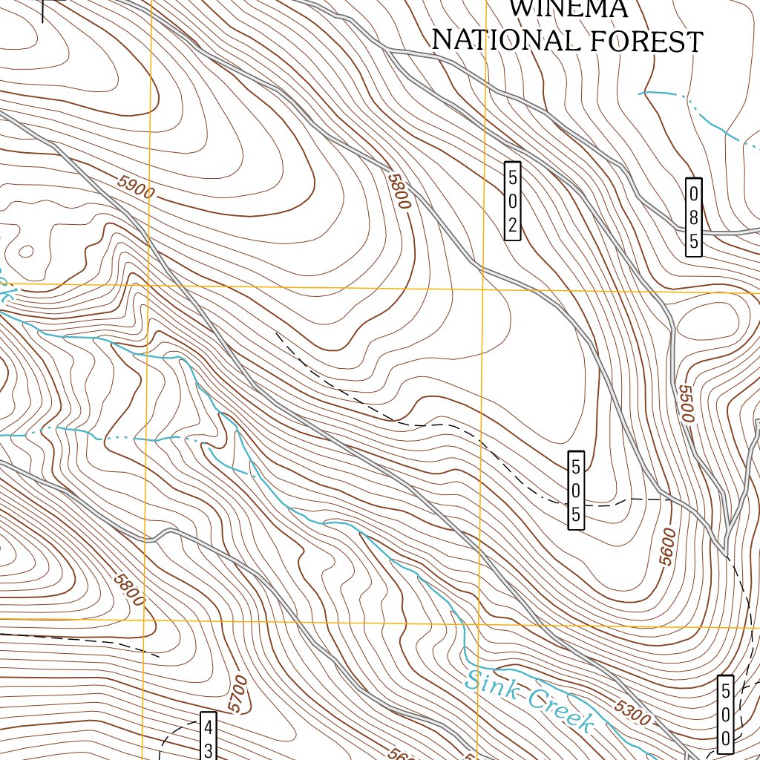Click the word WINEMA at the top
569,9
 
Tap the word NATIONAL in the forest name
505,40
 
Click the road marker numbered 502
512,200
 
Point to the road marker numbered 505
576,490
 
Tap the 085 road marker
693,217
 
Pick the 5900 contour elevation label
136,189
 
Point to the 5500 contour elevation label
685,404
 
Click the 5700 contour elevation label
237,693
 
